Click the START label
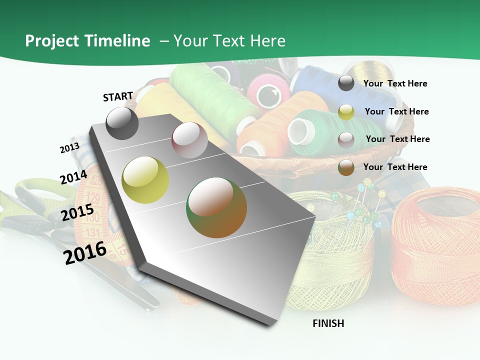118,96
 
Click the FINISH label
328,323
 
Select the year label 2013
69,148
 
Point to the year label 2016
85,252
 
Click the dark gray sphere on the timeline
122,123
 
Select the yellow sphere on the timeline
145,179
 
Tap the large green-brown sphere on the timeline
216,207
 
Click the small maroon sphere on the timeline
189,140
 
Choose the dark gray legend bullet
346,83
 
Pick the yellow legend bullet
346,112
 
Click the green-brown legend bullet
346,167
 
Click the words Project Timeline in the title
87,41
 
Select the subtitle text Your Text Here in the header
229,41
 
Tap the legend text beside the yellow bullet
396,111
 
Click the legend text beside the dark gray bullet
395,83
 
